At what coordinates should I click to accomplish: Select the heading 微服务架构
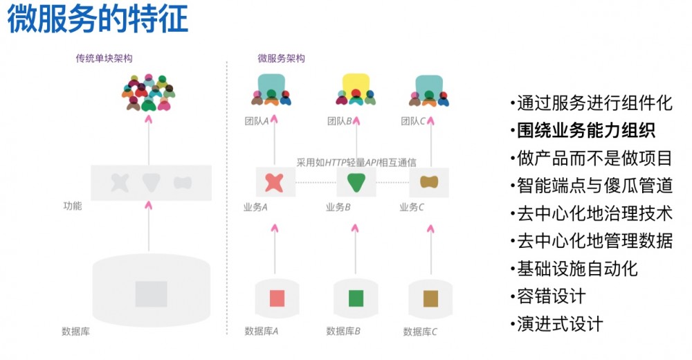click(x=281, y=59)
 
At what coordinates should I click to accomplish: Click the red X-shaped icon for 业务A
click(x=274, y=182)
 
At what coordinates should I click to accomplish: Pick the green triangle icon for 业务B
click(x=356, y=182)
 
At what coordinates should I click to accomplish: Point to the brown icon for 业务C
click(x=429, y=182)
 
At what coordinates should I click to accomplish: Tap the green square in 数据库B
click(x=356, y=298)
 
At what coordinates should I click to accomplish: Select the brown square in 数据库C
click(x=430, y=298)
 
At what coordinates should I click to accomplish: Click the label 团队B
click(x=340, y=121)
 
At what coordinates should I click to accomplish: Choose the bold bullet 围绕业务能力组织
click(x=587, y=131)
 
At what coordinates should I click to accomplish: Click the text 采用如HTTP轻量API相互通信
click(x=356, y=163)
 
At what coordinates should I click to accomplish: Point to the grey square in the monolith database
click(x=151, y=294)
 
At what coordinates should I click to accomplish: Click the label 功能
click(x=72, y=206)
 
